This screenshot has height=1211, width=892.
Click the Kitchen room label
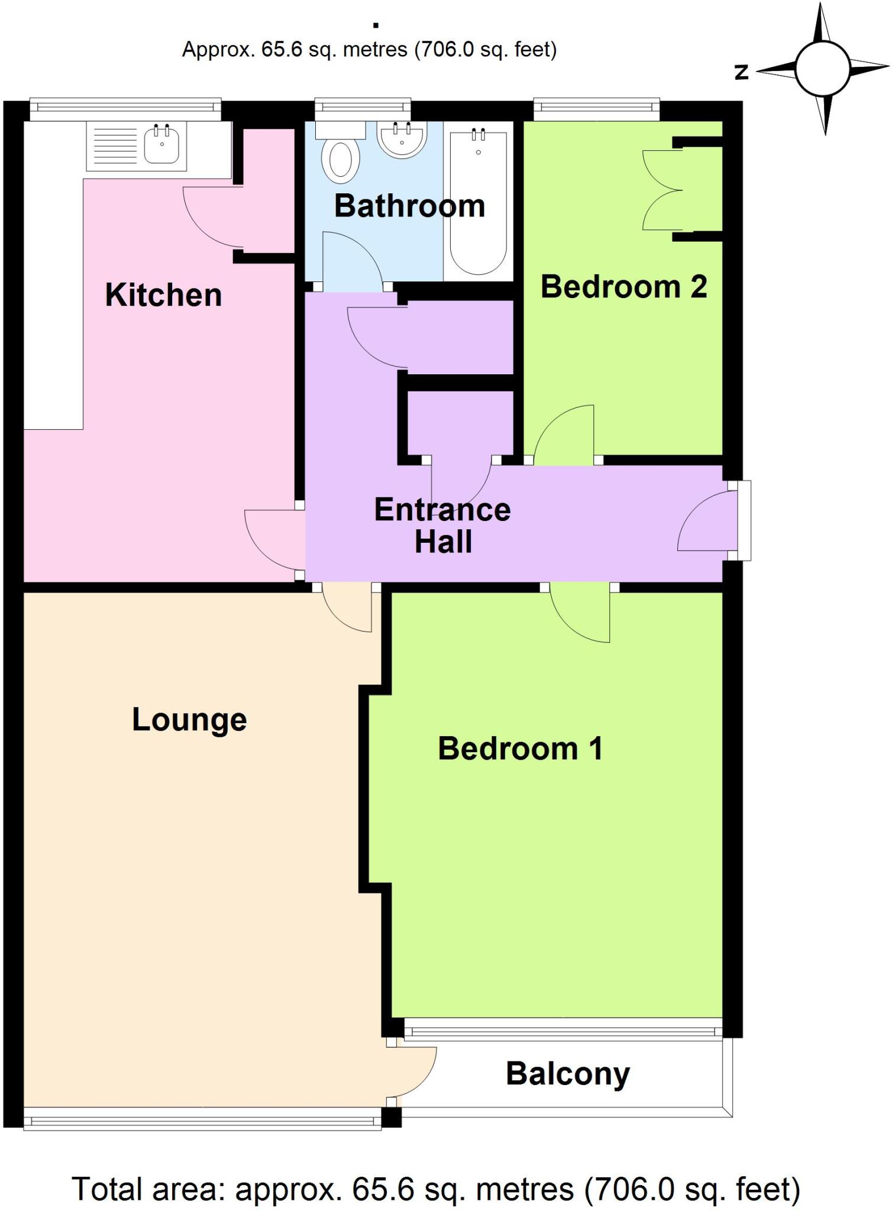[163, 295]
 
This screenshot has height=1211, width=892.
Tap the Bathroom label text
[409, 206]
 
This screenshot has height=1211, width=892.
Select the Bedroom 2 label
[623, 287]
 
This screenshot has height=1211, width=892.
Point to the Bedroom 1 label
[520, 749]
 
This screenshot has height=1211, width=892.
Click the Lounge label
[189, 720]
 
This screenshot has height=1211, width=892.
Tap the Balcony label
[568, 1074]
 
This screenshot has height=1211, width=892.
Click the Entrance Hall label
[442, 525]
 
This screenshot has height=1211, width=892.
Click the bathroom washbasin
[402, 140]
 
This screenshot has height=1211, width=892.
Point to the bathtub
[479, 201]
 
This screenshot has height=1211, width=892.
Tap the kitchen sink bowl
[161, 145]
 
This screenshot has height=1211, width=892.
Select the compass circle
[823, 69]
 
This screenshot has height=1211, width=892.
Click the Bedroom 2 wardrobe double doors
[662, 190]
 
